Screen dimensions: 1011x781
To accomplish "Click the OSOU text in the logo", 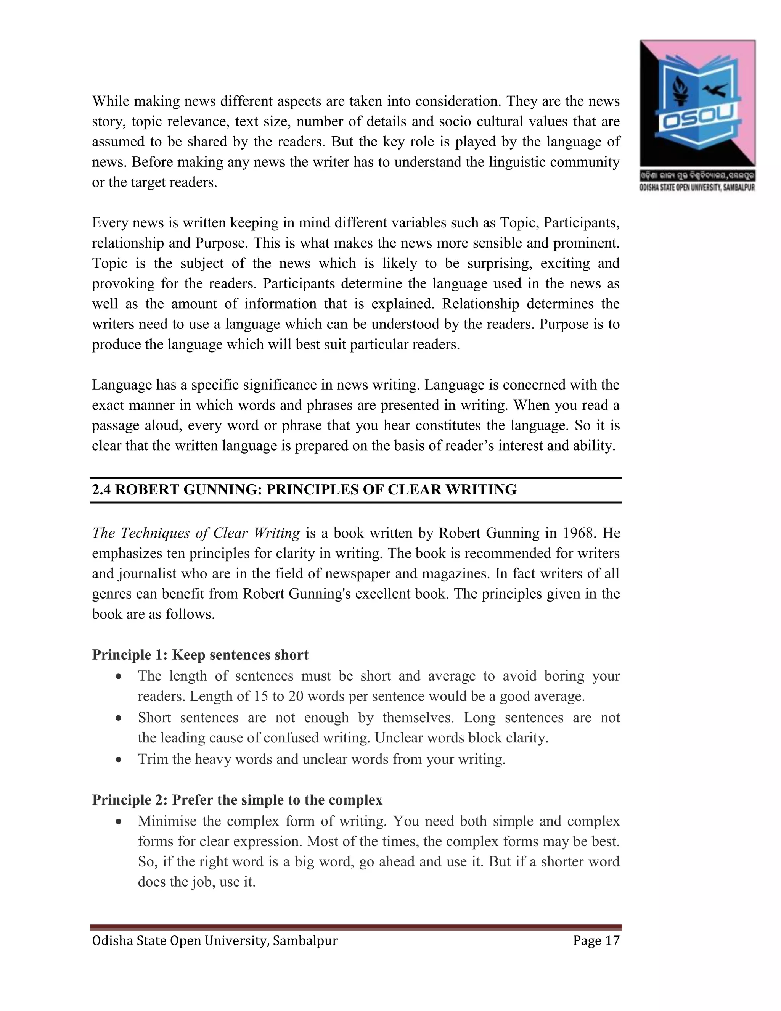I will click(697, 122).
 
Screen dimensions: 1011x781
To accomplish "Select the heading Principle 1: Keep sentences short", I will click(200, 655).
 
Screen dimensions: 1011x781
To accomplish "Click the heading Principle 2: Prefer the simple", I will click(237, 800).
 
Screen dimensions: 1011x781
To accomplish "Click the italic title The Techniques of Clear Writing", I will click(196, 533).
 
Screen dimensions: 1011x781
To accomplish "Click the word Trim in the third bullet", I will click(153, 760).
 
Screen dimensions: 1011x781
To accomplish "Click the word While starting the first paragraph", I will click(111, 101).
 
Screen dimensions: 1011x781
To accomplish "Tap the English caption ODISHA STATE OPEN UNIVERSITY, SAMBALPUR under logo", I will click(697, 188).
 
